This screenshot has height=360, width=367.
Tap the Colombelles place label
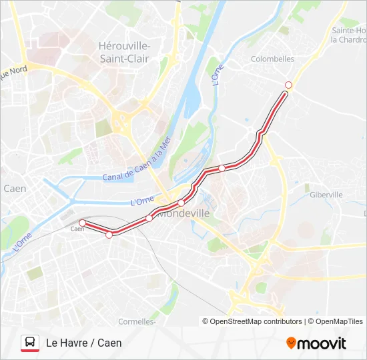click(272, 59)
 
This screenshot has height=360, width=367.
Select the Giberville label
click(326, 195)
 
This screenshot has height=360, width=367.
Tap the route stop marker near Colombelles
click(288, 85)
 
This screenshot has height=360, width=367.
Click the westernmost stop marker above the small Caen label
click(82, 223)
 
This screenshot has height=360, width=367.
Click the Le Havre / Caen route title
click(83, 343)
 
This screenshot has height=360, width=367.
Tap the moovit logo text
click(322, 343)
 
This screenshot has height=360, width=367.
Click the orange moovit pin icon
click(290, 343)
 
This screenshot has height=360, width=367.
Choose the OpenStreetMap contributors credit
click(252, 321)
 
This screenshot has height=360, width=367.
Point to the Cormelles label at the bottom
click(137, 321)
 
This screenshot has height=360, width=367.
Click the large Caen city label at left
click(15, 189)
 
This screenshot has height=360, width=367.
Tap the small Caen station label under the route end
click(77, 229)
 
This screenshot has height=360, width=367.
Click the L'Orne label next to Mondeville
click(142, 200)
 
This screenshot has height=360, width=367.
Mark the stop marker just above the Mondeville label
click(181, 203)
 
